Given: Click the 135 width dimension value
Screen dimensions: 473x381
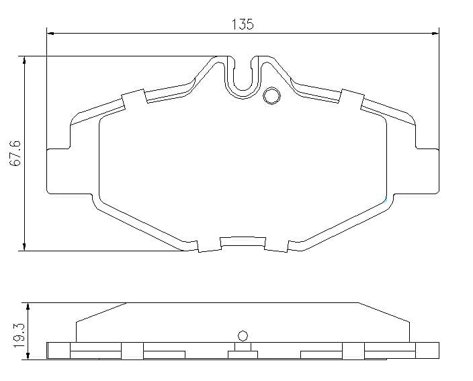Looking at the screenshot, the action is point(243,24).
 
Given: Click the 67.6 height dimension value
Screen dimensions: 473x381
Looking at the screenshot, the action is point(15,153).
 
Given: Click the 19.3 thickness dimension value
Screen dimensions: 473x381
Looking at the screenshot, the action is point(19,335).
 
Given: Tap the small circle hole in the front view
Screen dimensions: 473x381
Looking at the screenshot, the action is point(271,96).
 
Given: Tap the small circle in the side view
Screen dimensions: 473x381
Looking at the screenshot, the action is point(243,336).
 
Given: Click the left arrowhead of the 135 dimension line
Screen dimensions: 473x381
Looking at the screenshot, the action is point(50,33).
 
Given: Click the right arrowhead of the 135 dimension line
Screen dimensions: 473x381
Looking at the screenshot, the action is point(435,33).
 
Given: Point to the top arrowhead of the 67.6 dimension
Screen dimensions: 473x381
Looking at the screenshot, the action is point(24,60).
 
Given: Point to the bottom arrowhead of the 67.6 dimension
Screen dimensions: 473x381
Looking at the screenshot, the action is point(24,247).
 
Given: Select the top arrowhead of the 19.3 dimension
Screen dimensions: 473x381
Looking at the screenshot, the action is point(28,306).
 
